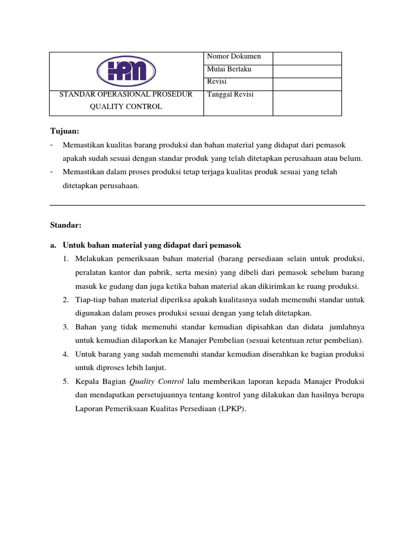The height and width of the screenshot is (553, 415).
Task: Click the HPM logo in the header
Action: click(x=126, y=71)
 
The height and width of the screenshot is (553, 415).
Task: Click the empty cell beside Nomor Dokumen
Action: click(x=307, y=58)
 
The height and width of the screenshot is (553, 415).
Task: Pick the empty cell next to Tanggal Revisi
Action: click(x=307, y=103)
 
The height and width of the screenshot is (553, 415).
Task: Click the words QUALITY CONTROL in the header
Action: click(x=126, y=106)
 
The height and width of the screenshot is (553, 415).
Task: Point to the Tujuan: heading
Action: click(x=64, y=131)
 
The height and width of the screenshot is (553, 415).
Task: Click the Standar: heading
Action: click(x=65, y=225)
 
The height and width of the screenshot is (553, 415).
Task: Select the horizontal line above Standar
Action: click(x=207, y=205)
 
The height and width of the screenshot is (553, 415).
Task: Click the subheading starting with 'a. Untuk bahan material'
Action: click(x=145, y=245)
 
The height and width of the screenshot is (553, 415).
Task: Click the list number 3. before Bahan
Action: click(x=65, y=327)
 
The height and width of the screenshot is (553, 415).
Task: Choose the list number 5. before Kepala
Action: click(x=65, y=382)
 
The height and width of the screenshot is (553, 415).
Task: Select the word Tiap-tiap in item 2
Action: click(x=90, y=300)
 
